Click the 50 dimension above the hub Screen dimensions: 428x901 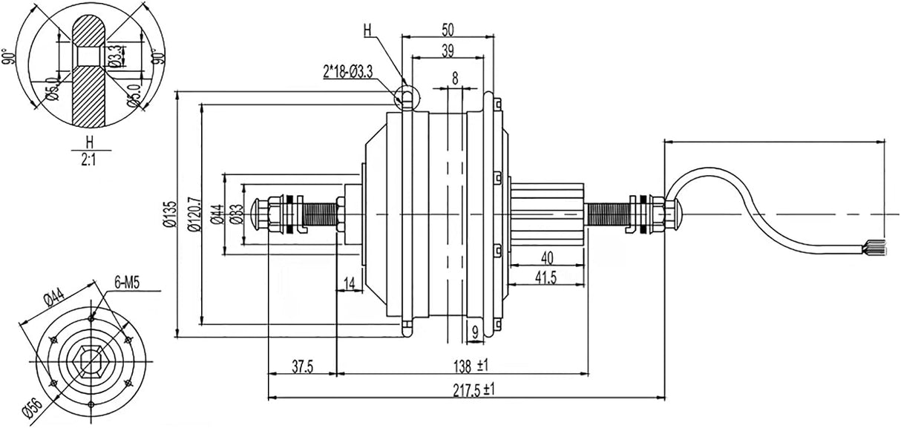[448, 29]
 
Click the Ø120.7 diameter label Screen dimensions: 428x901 [194, 214]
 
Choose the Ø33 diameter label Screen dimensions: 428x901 [236, 214]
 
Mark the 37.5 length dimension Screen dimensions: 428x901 [301, 366]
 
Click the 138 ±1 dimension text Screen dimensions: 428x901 [471, 366]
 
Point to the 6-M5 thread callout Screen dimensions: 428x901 [129, 283]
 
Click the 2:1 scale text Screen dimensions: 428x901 [89, 158]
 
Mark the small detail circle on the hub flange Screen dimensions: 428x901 [406, 96]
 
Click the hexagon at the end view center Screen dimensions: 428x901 [91, 361]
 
